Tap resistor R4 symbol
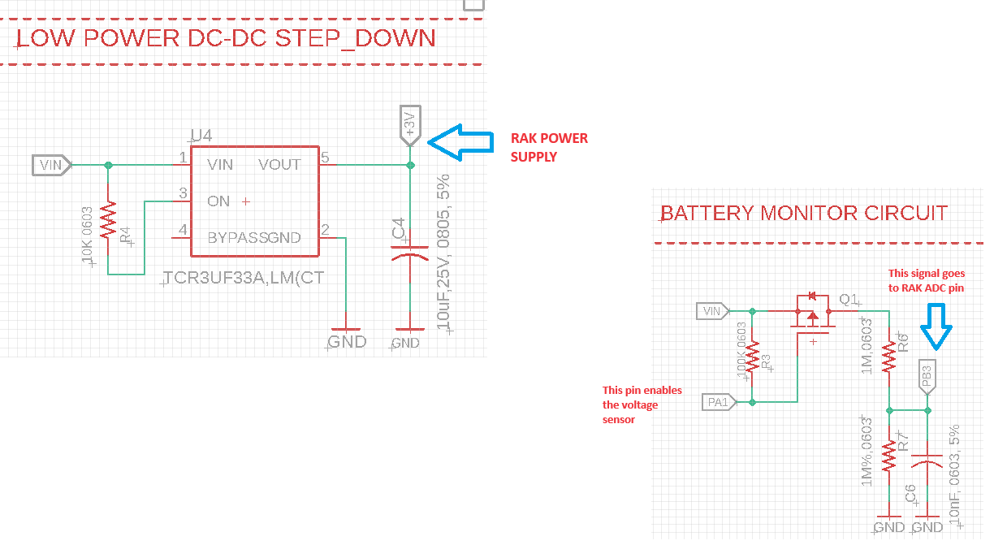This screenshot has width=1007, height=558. pyautogui.click(x=109, y=222)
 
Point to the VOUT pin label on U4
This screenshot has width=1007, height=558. pyautogui.click(x=279, y=165)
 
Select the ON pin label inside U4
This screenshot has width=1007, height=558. pyautogui.click(x=218, y=201)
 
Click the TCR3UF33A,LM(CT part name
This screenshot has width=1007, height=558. pyautogui.click(x=244, y=278)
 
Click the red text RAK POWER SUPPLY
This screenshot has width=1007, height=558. pyautogui.click(x=548, y=147)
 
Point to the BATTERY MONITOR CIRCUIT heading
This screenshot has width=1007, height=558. pyautogui.click(x=804, y=214)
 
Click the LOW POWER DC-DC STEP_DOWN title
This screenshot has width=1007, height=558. pyautogui.click(x=227, y=38)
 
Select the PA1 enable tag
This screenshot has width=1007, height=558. pyautogui.click(x=720, y=401)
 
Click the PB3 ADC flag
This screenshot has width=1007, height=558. pyautogui.click(x=927, y=376)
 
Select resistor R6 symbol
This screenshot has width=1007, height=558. pyautogui.click(x=890, y=355)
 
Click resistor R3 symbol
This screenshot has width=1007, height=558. pyautogui.click(x=753, y=355)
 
